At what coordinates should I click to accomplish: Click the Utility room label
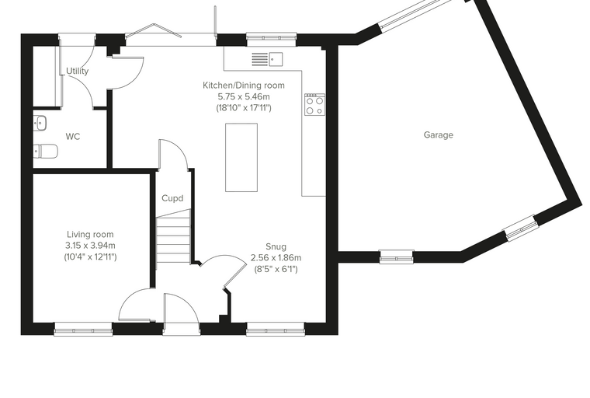[77, 71]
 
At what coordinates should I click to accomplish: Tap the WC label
[73, 137]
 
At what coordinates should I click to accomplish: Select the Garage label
[439, 135]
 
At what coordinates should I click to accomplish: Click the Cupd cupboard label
[172, 198]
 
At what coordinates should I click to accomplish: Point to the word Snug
[276, 246]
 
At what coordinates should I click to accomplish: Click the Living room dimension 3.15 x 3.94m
[90, 246]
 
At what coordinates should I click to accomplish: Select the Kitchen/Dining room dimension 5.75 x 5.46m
[244, 96]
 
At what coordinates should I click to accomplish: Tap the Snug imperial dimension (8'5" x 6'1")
[276, 269]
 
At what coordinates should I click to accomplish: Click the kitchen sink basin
[276, 59]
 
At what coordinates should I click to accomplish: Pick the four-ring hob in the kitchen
[315, 104]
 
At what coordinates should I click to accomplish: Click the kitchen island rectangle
[241, 157]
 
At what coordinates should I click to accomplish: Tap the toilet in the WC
[46, 151]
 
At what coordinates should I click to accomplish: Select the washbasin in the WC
[40, 123]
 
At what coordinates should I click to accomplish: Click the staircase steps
[173, 237]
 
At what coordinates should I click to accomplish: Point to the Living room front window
[83, 329]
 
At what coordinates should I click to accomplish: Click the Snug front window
[276, 329]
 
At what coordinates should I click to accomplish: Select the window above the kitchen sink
[271, 37]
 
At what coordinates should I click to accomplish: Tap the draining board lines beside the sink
[259, 59]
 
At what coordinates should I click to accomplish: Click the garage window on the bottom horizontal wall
[397, 257]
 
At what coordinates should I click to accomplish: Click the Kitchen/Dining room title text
[244, 86]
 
